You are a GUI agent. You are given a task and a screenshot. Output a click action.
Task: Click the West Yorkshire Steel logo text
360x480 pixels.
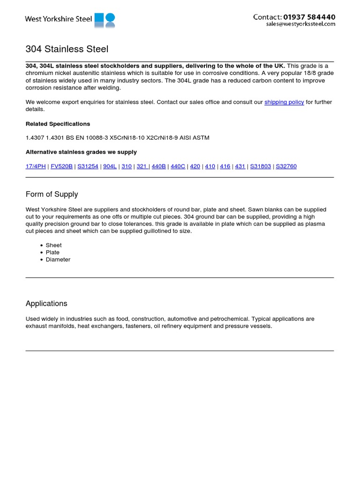(x=59, y=19)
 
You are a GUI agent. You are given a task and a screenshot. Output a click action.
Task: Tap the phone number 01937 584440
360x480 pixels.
(x=309, y=17)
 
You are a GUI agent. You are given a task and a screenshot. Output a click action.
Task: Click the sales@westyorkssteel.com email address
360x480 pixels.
(x=300, y=24)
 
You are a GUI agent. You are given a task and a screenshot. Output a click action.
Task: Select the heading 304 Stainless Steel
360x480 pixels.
(x=67, y=49)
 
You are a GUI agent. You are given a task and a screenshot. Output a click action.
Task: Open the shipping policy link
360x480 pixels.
(x=284, y=102)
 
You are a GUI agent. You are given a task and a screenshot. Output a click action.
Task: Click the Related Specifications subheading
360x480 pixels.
(x=58, y=124)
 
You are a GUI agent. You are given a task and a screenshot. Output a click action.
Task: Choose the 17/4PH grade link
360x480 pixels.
(x=36, y=166)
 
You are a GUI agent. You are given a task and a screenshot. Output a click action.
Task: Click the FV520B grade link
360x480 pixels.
(x=61, y=166)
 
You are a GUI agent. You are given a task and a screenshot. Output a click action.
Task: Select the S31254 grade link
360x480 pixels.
(x=88, y=166)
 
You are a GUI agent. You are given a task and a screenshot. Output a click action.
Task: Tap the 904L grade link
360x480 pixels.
(x=110, y=166)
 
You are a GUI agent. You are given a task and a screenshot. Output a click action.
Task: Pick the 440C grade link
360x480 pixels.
(x=178, y=166)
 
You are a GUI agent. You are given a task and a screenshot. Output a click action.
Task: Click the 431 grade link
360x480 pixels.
(x=240, y=166)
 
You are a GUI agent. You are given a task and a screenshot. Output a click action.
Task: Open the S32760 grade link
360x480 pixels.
(x=286, y=166)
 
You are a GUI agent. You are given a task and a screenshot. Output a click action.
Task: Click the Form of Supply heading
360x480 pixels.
(x=52, y=194)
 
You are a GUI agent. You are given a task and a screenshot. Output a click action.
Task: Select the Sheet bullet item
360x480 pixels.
(x=53, y=245)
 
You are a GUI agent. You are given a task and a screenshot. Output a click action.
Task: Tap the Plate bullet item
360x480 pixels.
(x=52, y=252)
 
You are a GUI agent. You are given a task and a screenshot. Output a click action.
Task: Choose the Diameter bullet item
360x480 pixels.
(x=58, y=259)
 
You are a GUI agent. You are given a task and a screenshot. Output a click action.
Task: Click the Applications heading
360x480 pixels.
(x=46, y=303)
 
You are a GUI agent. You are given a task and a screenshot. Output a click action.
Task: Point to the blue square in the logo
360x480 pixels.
(x=99, y=18)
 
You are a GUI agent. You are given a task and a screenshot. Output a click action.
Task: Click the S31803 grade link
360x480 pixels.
(x=260, y=166)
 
